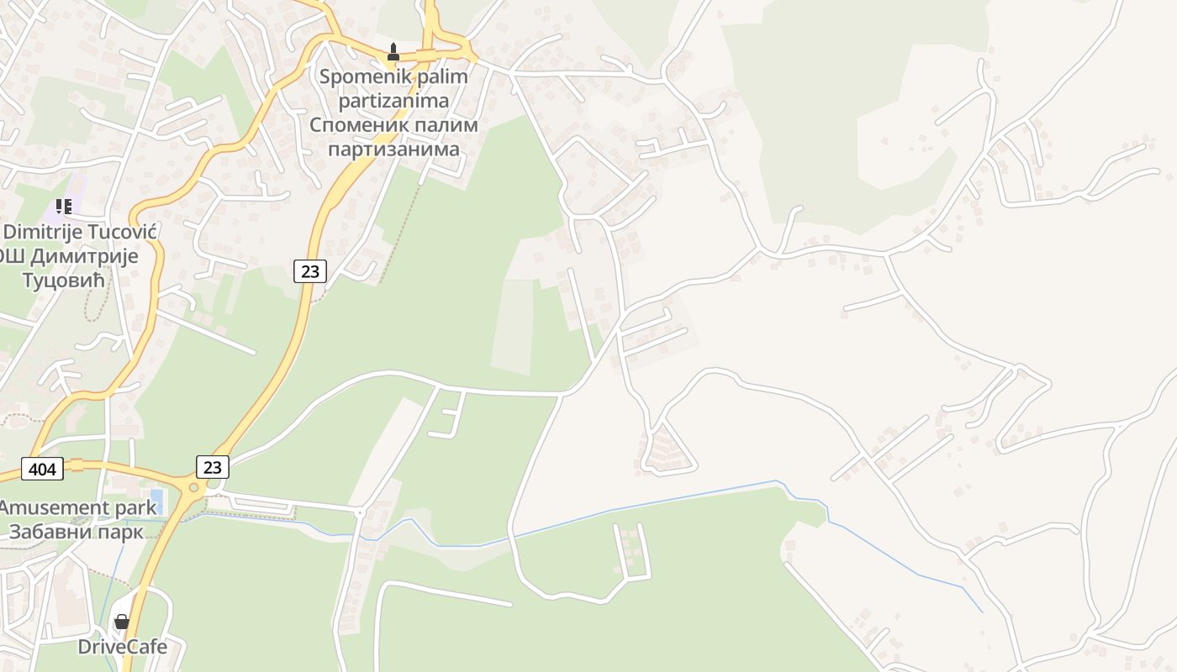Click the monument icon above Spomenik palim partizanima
point(393,52)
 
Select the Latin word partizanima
point(393,101)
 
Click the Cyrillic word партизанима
point(393,150)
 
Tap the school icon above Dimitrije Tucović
point(63,206)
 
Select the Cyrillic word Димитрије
point(84,256)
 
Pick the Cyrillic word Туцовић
point(63,281)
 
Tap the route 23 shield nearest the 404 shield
point(212,466)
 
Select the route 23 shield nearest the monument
point(310,270)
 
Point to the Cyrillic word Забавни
point(49,532)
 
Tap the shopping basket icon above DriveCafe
point(122,622)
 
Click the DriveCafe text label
point(123,647)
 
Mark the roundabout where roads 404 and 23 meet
point(195,486)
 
